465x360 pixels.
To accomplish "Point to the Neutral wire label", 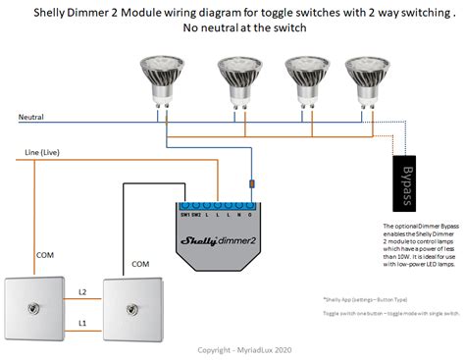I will (31, 117).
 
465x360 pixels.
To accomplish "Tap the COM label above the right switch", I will (139, 263).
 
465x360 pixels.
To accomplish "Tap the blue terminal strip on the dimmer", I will (219, 208).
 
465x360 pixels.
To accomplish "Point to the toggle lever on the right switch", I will (131, 305).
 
